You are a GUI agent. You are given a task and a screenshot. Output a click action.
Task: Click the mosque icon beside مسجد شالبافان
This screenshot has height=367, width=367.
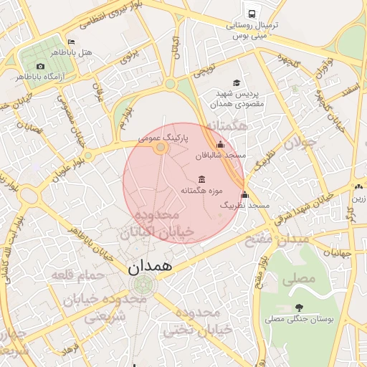click(220, 145)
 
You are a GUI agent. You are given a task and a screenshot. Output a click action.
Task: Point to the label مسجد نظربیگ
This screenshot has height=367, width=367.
click(247, 206)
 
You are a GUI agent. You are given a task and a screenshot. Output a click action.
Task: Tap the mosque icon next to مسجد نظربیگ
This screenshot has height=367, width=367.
click(244, 195)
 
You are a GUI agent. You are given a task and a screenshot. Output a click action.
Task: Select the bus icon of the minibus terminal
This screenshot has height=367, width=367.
click(252, 13)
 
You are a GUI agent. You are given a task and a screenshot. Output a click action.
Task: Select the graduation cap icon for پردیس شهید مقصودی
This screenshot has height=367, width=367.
click(237, 83)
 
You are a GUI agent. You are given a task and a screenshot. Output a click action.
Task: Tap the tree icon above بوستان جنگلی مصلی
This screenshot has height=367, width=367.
click(298, 308)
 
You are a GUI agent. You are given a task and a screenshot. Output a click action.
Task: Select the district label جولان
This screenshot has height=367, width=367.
click(300, 143)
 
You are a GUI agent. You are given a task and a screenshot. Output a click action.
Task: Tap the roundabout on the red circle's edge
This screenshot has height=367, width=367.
click(161, 148)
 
